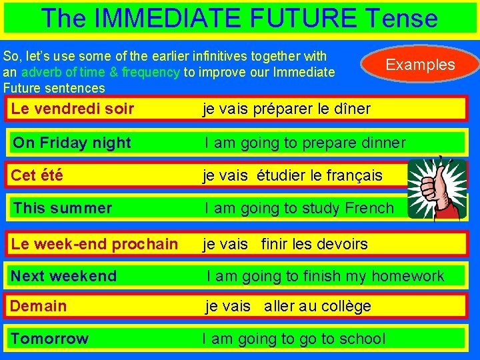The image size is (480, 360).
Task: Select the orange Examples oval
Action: click(x=420, y=65)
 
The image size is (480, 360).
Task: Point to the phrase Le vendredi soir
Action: click(x=73, y=109)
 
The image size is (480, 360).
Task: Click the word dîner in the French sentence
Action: click(x=351, y=109)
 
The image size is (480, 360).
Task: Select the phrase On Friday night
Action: click(x=72, y=143)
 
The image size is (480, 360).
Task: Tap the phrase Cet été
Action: click(x=37, y=175)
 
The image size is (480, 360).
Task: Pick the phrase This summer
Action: click(x=63, y=208)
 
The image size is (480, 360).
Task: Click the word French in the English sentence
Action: click(x=369, y=208)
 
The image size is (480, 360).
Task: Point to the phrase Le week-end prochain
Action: click(x=95, y=244)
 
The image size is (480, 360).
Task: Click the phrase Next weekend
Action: click(x=64, y=276)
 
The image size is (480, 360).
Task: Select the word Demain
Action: click(x=39, y=306)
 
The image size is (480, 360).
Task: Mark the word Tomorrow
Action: click(x=49, y=339)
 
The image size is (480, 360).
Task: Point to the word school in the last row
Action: click(x=360, y=339)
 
